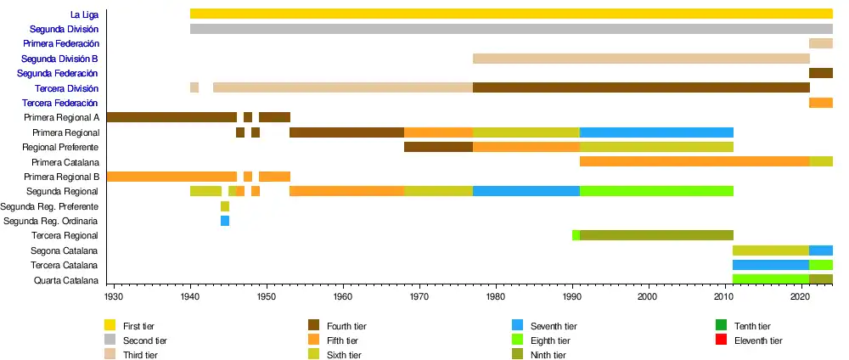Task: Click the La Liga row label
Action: (84, 14)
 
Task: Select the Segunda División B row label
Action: (59, 59)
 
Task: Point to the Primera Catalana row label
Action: (65, 162)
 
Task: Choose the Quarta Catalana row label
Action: (66, 280)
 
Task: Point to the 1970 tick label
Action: (419, 297)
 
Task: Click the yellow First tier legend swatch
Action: (110, 326)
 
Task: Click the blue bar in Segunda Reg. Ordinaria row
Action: (225, 221)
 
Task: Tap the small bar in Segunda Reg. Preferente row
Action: (225, 206)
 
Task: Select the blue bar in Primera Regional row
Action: (656, 132)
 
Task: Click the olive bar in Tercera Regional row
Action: (656, 235)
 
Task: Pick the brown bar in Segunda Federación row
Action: (821, 73)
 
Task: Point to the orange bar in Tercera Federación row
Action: (821, 103)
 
